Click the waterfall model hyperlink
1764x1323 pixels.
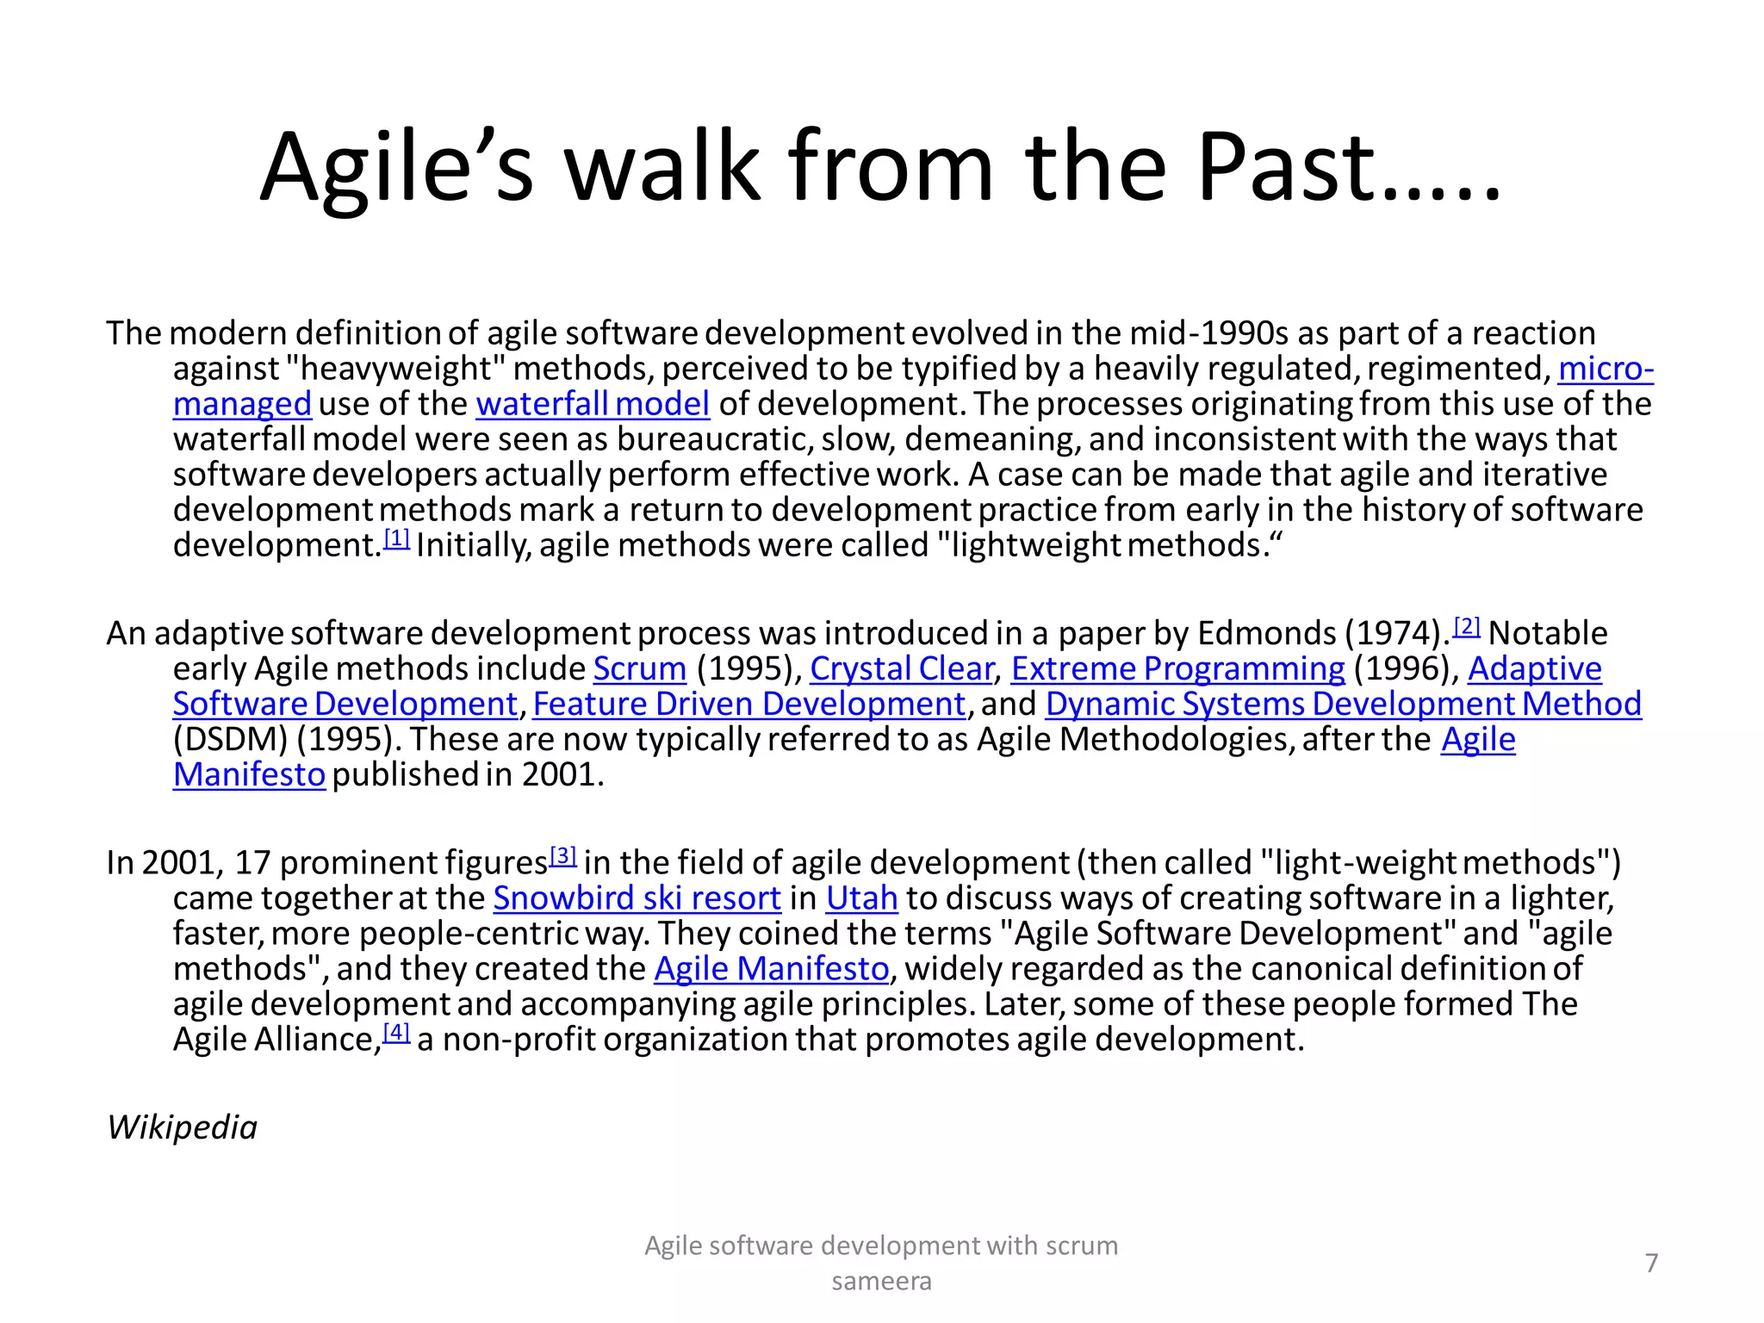(x=593, y=404)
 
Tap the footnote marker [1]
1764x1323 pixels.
(x=396, y=539)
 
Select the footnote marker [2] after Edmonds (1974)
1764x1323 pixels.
(x=1466, y=627)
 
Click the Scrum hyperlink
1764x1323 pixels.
(x=639, y=669)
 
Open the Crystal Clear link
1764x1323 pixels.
(x=901, y=669)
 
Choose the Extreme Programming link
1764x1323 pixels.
(x=1177, y=669)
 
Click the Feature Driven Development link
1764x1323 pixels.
(x=748, y=705)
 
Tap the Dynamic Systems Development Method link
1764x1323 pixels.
(x=1343, y=705)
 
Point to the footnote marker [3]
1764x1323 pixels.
(x=562, y=856)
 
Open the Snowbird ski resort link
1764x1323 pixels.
(x=637, y=898)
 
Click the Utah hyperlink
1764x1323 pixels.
(x=861, y=898)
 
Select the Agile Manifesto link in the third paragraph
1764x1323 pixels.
(x=771, y=969)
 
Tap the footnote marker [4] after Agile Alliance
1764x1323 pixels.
(x=396, y=1033)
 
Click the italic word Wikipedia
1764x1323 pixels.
(x=182, y=1127)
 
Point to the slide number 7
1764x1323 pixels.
(x=1651, y=1263)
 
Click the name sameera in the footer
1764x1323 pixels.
(x=881, y=1282)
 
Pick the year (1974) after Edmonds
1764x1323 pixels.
(x=1393, y=634)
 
